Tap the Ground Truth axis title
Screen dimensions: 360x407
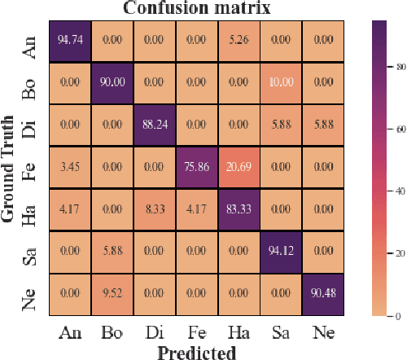11,178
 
